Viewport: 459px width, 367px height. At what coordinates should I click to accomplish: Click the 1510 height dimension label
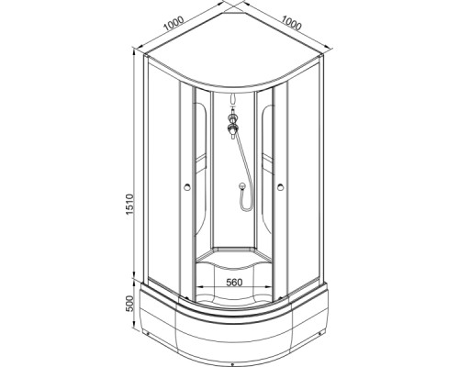tap(130, 204)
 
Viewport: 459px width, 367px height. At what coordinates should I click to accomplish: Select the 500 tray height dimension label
tap(130, 303)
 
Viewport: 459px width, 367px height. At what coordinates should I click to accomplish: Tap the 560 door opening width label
tap(234, 283)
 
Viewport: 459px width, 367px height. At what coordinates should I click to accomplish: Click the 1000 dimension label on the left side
tap(174, 24)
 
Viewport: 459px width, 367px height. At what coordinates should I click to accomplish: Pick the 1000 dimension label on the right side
tap(291, 23)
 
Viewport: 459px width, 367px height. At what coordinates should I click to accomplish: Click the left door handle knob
tap(187, 186)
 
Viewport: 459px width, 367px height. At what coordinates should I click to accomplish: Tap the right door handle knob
tap(281, 186)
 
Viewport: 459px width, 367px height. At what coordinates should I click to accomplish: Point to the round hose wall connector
tap(242, 185)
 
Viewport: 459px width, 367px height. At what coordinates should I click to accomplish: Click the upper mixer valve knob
tap(232, 117)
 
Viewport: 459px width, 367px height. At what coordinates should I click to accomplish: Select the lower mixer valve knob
tap(232, 128)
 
